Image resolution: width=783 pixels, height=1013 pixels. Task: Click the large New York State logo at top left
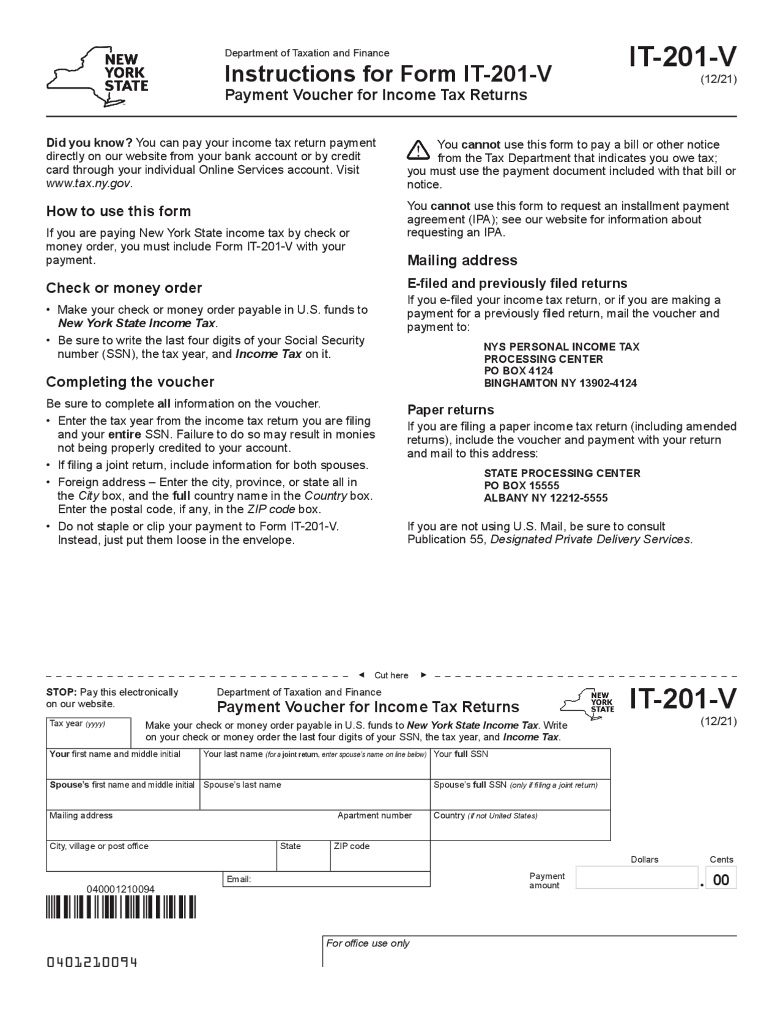98,77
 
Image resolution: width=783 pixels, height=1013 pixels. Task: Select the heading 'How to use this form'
119,211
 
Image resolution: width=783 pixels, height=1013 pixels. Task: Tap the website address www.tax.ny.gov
89,184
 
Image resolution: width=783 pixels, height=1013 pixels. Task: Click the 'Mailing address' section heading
462,260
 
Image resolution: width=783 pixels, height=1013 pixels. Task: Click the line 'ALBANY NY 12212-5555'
546,498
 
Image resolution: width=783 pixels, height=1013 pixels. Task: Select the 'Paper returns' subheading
450,409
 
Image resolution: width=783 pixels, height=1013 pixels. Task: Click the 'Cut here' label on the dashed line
391,675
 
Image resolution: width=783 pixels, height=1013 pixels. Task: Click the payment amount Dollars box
636,878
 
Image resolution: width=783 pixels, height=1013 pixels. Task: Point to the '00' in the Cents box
721,880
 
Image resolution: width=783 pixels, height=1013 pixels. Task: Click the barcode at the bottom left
121,907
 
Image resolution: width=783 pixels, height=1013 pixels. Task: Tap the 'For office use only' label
368,943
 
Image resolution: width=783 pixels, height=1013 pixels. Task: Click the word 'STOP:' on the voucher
61,692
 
